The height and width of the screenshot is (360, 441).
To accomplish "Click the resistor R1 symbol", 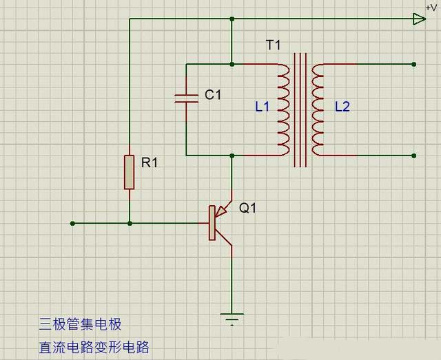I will (130, 172).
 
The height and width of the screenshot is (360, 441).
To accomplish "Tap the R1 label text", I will (150, 162).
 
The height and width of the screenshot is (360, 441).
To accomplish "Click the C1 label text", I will (212, 95).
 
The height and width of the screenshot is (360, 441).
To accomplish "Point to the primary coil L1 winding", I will (283, 109).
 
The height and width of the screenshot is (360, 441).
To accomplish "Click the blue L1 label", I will (262, 107).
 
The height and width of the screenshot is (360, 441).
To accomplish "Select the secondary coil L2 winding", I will (318, 109).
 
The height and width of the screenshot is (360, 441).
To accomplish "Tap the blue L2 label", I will (342, 107).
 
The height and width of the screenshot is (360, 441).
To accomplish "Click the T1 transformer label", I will (274, 45).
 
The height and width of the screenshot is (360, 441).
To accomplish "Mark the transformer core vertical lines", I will (300, 110).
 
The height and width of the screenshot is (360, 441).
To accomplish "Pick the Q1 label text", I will (247, 207).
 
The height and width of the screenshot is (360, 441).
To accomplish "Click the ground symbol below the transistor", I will (232, 318).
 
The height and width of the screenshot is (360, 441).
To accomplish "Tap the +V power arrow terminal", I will (419, 19).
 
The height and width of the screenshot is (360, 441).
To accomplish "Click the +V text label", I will (431, 6).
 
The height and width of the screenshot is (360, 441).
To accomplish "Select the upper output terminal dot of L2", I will (413, 65).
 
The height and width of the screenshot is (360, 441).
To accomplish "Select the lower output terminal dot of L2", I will (413, 156).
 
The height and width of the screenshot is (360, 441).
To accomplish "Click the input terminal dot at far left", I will (72, 223).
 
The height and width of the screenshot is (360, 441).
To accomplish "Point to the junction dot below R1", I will (130, 223).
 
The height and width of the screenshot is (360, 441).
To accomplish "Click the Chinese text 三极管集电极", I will (80, 324).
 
